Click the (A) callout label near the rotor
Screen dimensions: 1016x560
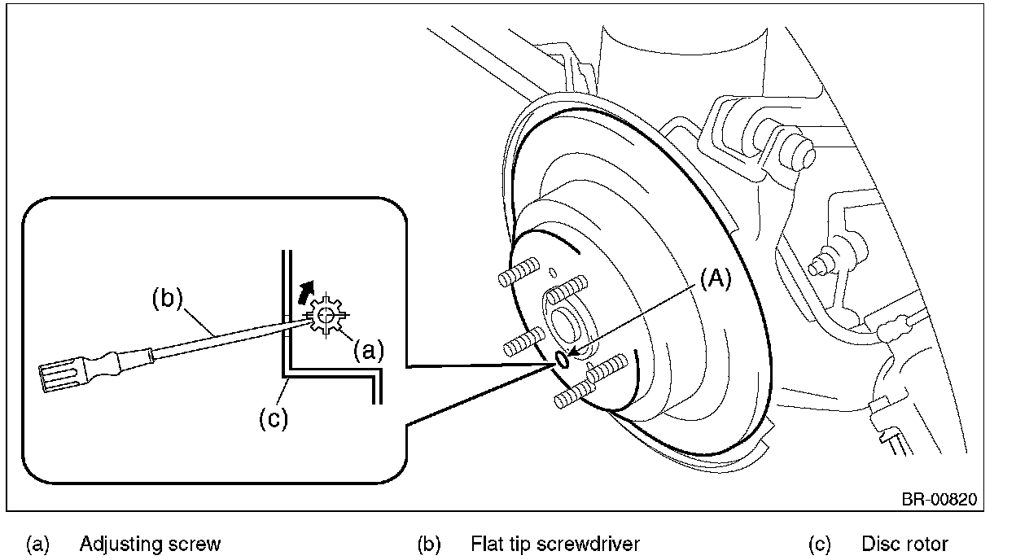tap(716, 278)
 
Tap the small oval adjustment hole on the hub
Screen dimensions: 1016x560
tap(562, 360)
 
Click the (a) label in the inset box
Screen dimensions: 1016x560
tap(368, 351)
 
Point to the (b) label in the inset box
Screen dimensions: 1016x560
tap(168, 299)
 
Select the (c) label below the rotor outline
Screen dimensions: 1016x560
tap(274, 418)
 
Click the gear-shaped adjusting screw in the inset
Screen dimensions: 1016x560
tap(326, 315)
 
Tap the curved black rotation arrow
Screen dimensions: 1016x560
tap(306, 291)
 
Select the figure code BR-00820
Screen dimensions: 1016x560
tap(939, 499)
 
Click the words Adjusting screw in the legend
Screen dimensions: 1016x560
tap(150, 544)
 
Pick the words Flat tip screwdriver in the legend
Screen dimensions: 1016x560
tap(555, 544)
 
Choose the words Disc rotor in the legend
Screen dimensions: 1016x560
tap(904, 544)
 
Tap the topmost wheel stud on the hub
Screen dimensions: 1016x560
tap(519, 272)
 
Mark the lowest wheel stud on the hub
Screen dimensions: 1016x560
tap(575, 395)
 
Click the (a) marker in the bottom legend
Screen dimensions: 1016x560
tap(37, 545)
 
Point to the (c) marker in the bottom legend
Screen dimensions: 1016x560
tap(820, 545)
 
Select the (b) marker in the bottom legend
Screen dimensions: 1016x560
tap(429, 545)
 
